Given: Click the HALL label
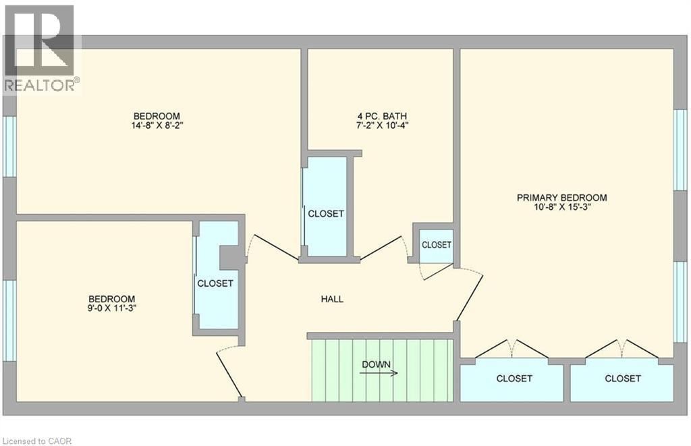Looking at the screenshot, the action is tap(332, 299).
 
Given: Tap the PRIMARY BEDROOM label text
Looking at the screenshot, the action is tap(562, 198).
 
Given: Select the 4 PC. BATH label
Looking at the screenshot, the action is tap(382, 116).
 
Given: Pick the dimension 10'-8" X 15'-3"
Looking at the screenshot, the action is tap(562, 207).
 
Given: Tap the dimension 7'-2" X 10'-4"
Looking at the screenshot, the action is tap(382, 126).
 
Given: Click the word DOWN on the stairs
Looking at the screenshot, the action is tap(376, 364).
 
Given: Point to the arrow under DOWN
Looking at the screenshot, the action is tap(379, 373).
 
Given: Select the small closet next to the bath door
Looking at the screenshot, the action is tap(437, 245).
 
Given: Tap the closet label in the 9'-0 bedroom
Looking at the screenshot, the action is tap(215, 283).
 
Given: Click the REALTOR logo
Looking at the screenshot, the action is tap(41, 49).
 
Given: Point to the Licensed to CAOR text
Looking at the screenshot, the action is tap(36, 441).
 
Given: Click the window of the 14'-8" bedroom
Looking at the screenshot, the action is tap(9, 146).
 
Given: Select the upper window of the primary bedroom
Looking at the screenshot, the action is tap(681, 149).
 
